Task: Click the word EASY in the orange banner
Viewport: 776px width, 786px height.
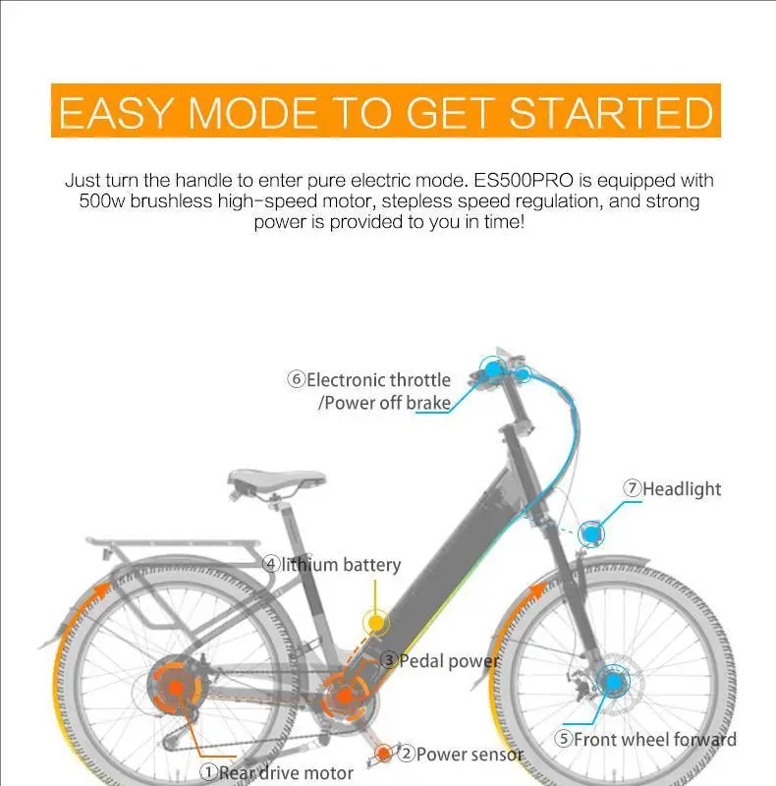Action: pos(117,114)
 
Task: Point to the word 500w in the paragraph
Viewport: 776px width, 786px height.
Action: pos(99,201)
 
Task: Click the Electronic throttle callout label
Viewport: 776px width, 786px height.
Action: pos(378,380)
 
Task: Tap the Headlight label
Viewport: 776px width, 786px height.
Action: pos(681,488)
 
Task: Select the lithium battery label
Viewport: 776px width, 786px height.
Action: pos(341,564)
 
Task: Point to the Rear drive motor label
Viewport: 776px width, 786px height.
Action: pos(285,772)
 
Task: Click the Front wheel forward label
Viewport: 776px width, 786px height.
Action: pos(654,739)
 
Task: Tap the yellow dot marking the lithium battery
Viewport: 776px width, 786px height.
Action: pos(375,622)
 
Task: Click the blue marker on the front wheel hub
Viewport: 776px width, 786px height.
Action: pos(613,681)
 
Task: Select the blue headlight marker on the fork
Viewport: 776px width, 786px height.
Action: pos(591,533)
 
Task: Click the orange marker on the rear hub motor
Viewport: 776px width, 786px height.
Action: pos(174,687)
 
